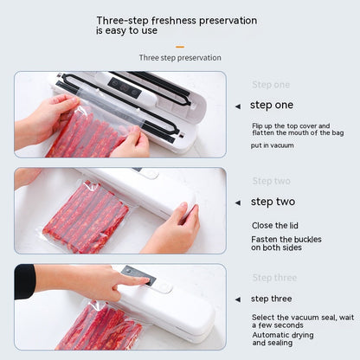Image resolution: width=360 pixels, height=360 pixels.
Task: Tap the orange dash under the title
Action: pyautogui.click(x=179, y=47)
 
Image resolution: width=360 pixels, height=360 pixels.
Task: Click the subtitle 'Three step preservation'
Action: pyautogui.click(x=180, y=58)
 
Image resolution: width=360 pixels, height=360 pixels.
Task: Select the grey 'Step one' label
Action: pyautogui.click(x=271, y=85)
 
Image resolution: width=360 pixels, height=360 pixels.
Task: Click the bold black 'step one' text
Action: pyautogui.click(x=272, y=105)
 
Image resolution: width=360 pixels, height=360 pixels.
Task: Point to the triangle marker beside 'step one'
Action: pyautogui.click(x=238, y=106)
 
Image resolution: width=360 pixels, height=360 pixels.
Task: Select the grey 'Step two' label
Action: pyautogui.click(x=271, y=181)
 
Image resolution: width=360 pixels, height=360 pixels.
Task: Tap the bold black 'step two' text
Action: pyautogui.click(x=273, y=202)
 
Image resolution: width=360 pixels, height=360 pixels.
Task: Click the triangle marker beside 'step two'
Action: pyautogui.click(x=238, y=202)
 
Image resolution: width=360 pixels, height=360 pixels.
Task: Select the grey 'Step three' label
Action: pyautogui.click(x=273, y=278)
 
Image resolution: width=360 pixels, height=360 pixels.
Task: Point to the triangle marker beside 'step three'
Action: pyautogui.click(x=238, y=299)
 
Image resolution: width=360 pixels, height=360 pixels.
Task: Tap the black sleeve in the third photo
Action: pyautogui.click(x=25, y=281)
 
